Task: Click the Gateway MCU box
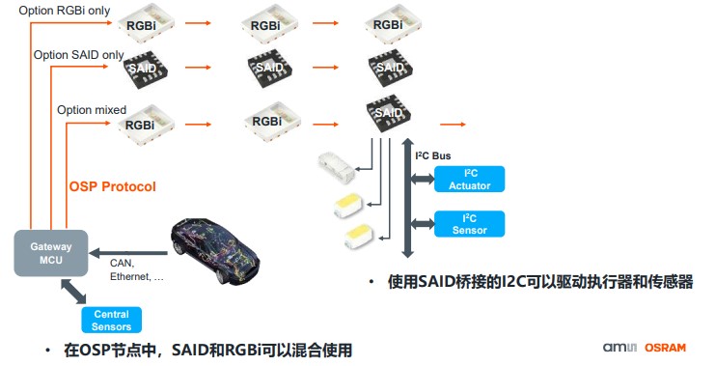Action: pyautogui.click(x=49, y=254)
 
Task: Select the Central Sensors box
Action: pyautogui.click(x=112, y=320)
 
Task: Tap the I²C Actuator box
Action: pyautogui.click(x=469, y=180)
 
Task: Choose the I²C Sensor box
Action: pyautogui.click(x=469, y=224)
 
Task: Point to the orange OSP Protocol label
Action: pyautogui.click(x=112, y=186)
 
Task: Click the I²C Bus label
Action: pyautogui.click(x=432, y=155)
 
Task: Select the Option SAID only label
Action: pyautogui.click(x=78, y=56)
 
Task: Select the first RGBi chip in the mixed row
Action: pyautogui.click(x=143, y=123)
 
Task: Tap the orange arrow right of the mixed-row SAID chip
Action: pyautogui.click(x=453, y=124)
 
